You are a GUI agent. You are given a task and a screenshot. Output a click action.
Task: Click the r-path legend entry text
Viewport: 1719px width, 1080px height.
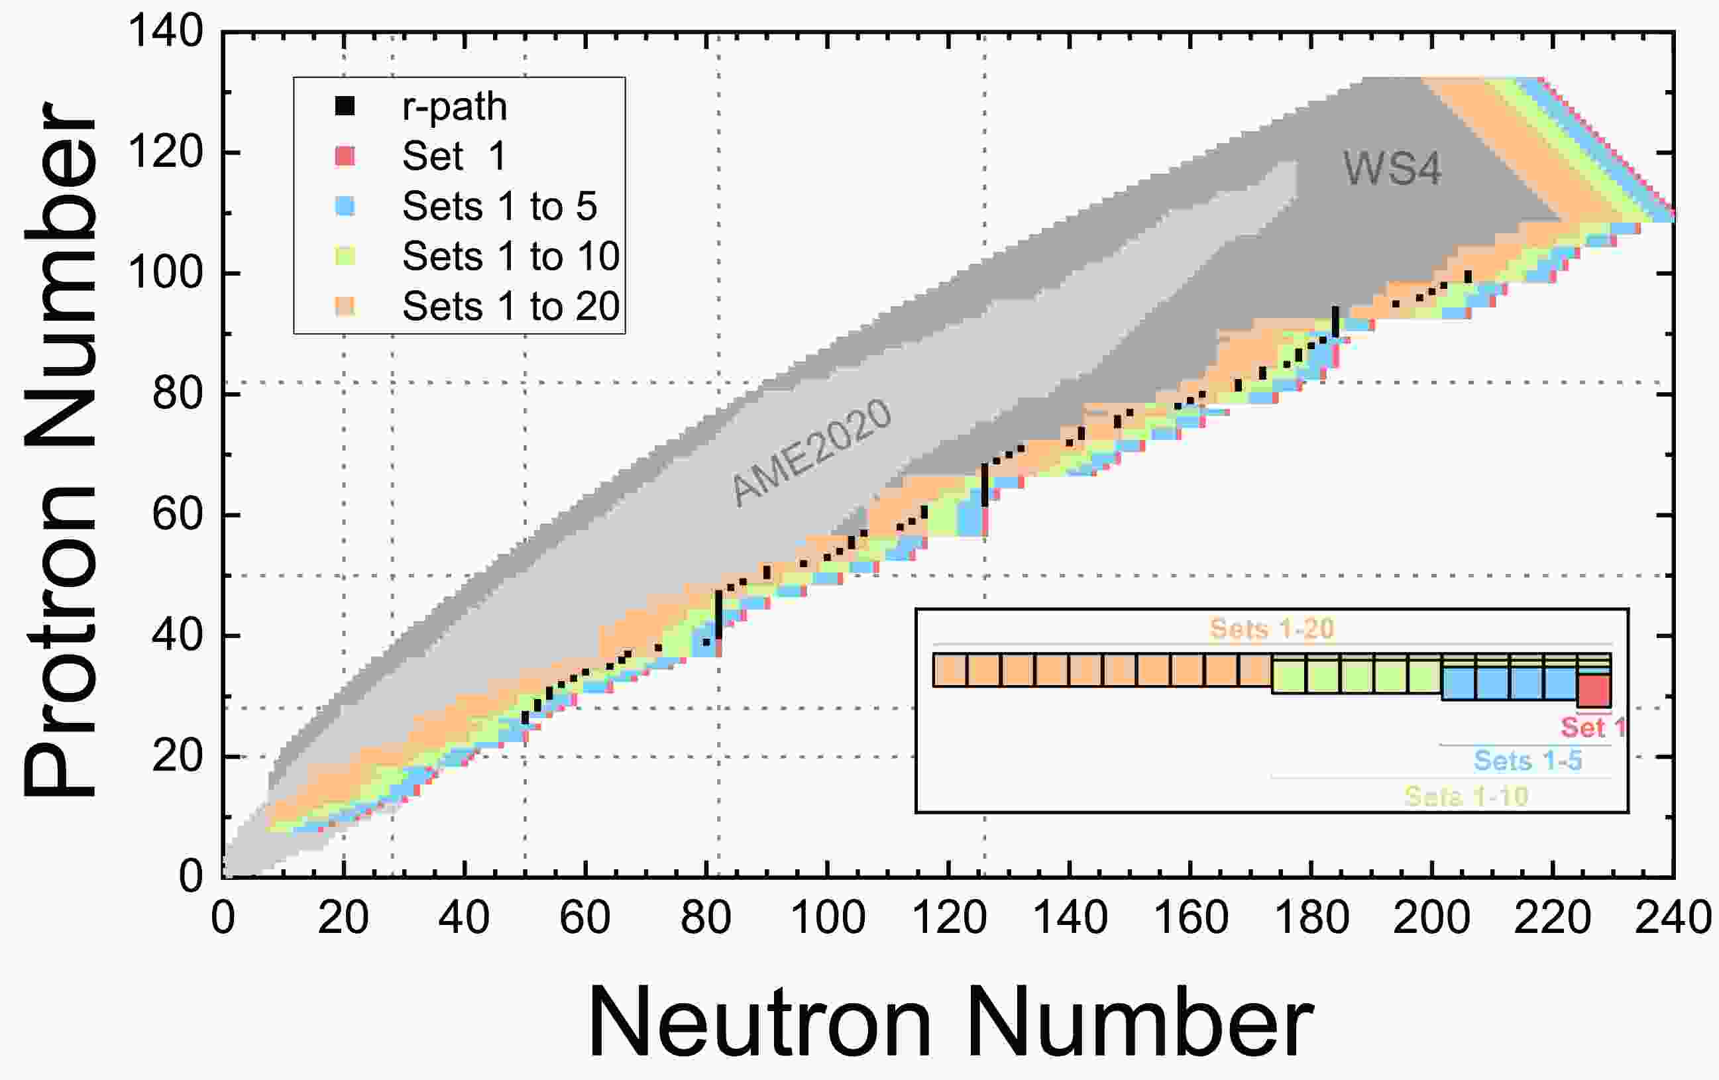(455, 107)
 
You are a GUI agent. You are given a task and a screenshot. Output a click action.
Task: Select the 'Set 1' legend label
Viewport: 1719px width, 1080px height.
(454, 156)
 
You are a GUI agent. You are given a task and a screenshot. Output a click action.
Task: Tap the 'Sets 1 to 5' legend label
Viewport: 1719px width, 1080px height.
(499, 206)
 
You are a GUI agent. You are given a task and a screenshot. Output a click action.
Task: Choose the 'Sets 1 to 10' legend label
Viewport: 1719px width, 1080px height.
(510, 256)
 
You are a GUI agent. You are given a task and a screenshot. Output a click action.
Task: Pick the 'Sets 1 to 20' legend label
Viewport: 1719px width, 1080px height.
(510, 306)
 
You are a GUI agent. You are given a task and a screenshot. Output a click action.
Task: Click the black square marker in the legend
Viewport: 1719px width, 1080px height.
(345, 107)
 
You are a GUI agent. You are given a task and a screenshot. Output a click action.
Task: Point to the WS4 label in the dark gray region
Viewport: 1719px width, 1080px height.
(1392, 169)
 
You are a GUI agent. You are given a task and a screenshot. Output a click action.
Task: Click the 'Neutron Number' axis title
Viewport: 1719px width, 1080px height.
(950, 1022)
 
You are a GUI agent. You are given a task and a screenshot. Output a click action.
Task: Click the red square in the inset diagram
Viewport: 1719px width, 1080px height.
(1593, 690)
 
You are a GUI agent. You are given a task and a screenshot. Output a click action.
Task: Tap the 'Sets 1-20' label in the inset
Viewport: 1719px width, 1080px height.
(1272, 629)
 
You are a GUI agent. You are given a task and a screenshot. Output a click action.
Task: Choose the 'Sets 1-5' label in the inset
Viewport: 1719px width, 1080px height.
(1527, 761)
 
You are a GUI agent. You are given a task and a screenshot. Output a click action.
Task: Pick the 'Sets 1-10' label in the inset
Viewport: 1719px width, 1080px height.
(1467, 796)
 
